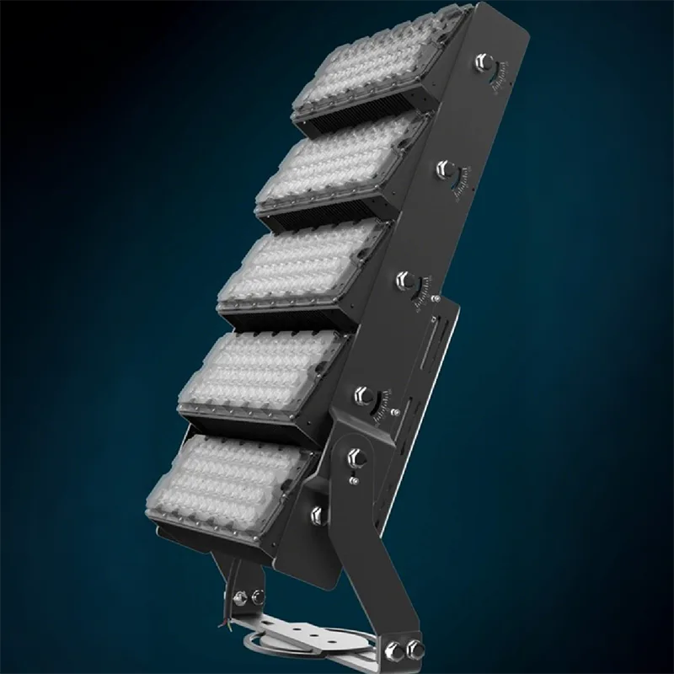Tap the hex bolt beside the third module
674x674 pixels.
coord(404,279)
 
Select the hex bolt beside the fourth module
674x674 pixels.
coord(365,393)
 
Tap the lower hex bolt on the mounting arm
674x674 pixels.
coord(318,513)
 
